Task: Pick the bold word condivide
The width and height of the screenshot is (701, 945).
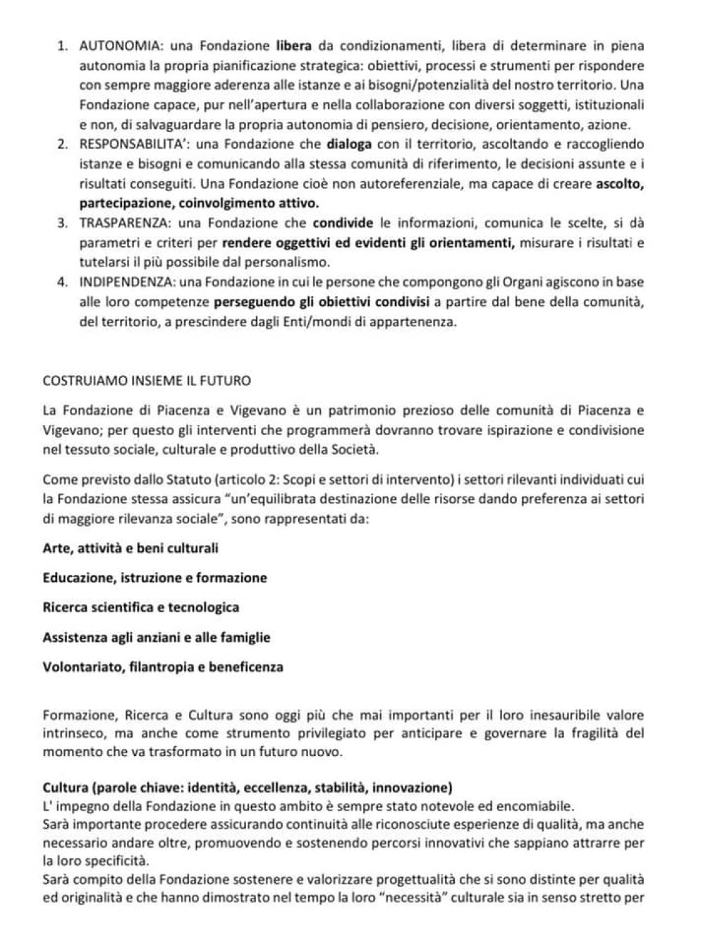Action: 343,224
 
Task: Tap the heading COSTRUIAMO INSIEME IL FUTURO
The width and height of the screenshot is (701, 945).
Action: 147,381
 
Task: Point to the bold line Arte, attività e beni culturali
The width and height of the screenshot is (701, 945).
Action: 130,548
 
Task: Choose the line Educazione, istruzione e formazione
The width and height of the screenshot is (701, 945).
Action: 154,578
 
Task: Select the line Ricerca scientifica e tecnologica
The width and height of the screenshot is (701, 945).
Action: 141,608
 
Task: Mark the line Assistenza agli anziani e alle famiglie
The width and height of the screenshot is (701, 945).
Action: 156,638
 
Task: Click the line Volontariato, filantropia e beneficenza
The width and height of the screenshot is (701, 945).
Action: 163,667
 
